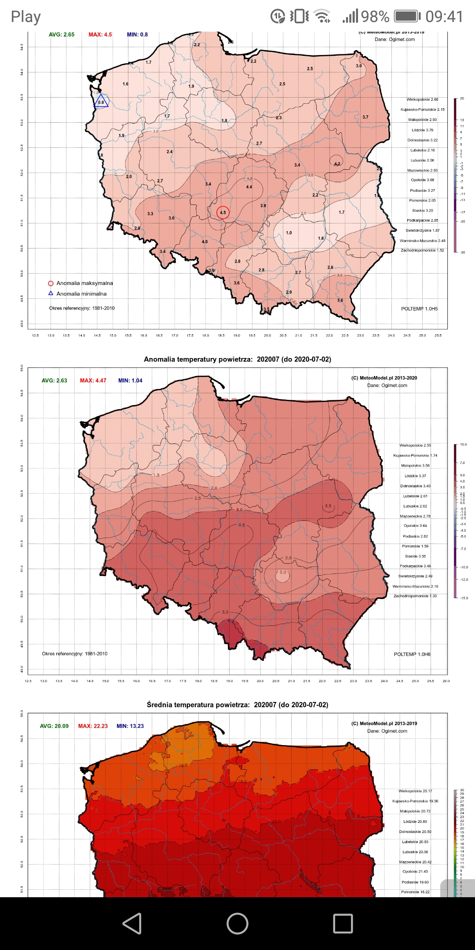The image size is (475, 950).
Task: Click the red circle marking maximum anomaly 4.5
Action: (x=223, y=212)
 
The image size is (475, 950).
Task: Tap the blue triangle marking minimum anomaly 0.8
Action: (x=101, y=102)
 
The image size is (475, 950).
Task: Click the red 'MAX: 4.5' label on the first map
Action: (x=100, y=35)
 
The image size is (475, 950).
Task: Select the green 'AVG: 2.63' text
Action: (x=55, y=380)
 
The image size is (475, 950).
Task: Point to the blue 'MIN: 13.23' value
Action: (x=130, y=726)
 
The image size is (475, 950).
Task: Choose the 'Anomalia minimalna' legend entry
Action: (x=81, y=294)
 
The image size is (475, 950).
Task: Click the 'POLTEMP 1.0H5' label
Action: (x=419, y=309)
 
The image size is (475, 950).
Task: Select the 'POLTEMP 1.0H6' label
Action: (x=412, y=654)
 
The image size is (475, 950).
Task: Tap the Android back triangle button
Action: (x=132, y=923)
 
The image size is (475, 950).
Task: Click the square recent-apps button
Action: (x=343, y=923)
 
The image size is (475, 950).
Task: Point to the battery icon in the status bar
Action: (x=406, y=17)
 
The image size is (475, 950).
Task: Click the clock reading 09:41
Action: (x=444, y=17)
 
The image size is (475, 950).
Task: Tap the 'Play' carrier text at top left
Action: (x=26, y=17)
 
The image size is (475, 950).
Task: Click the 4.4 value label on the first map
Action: (x=249, y=187)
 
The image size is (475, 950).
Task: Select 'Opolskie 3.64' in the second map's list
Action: (x=415, y=526)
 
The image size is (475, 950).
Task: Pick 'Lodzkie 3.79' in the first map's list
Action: (x=422, y=130)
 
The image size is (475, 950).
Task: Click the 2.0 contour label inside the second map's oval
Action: (x=283, y=572)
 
